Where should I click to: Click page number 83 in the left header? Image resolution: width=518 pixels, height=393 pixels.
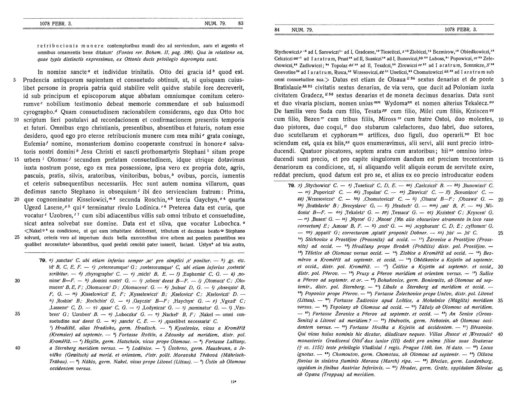click(x=241, y=23)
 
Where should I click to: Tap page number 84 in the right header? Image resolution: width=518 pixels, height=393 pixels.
click(x=277, y=30)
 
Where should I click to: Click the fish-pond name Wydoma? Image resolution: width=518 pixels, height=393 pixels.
click(x=403, y=103)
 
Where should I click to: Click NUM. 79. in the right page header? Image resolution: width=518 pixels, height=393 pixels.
click(x=302, y=30)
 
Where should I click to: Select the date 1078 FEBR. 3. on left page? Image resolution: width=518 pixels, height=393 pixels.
click(x=56, y=23)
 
